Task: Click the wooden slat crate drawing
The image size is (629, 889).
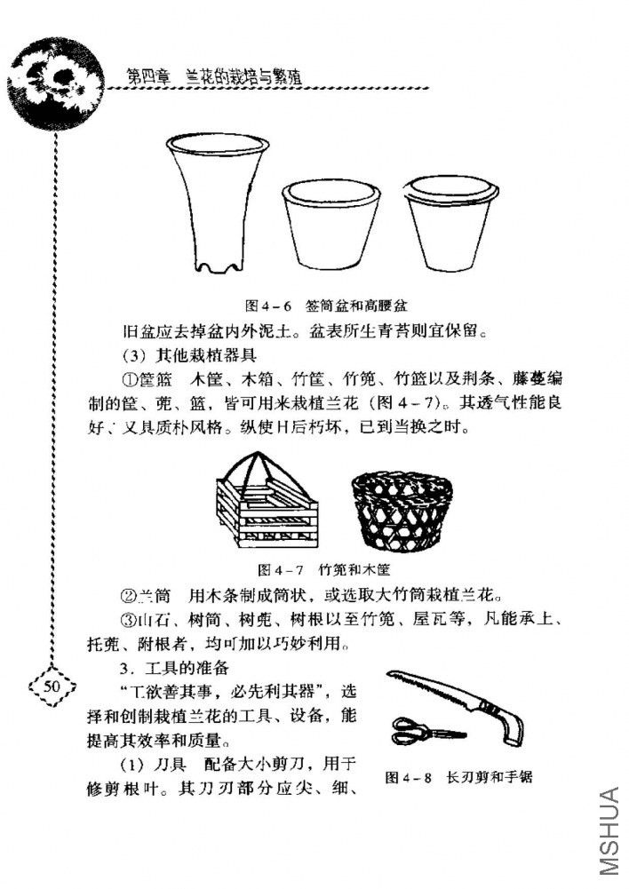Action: click(267, 506)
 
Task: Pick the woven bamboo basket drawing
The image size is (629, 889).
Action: click(402, 512)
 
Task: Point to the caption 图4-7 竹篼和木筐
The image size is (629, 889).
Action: click(323, 567)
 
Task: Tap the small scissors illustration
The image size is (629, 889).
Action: click(426, 734)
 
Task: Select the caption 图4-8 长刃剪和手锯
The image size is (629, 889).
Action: click(458, 777)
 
